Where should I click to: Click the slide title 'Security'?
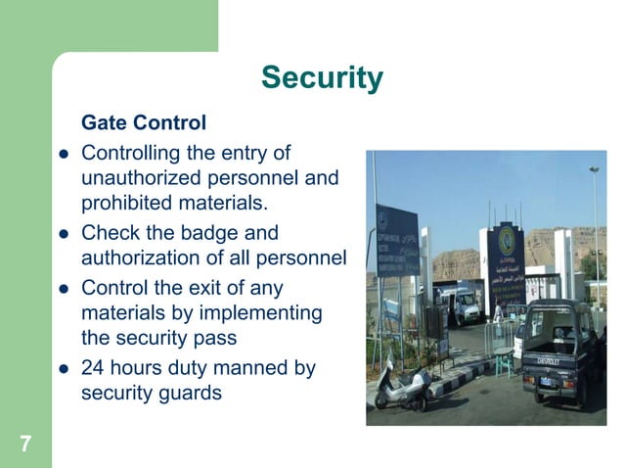tap(322, 77)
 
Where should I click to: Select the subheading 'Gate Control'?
tap(143, 123)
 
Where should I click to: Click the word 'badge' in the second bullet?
tap(208, 233)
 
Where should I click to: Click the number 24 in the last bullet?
tap(94, 368)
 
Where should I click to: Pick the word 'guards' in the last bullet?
tap(189, 394)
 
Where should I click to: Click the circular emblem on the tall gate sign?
tap(507, 240)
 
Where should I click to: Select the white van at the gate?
tap(459, 304)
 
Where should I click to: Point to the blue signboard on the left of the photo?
tap(397, 241)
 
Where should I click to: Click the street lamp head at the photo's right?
tap(594, 171)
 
